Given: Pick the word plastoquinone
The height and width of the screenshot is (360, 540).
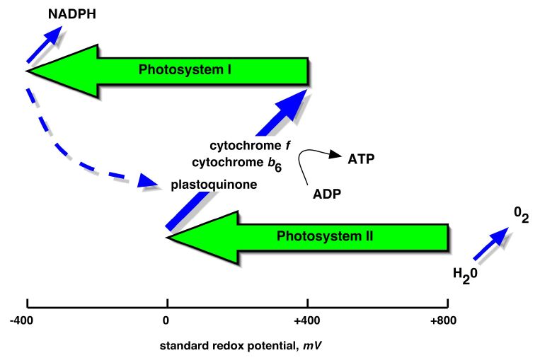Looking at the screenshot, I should point(214,185).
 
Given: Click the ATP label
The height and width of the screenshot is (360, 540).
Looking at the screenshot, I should point(360,160).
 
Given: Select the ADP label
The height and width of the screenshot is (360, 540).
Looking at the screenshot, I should point(328,193).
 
